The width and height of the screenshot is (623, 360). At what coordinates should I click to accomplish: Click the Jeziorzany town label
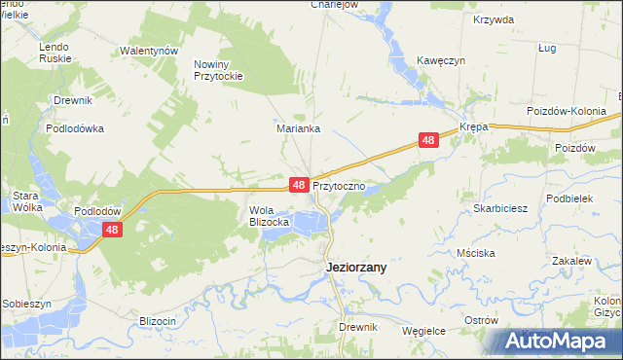[x=354, y=268]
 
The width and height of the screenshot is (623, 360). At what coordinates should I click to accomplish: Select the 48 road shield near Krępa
[x=429, y=141]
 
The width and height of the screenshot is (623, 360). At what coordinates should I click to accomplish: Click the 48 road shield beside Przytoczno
[x=299, y=184]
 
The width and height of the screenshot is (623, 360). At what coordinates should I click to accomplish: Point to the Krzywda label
[x=492, y=19]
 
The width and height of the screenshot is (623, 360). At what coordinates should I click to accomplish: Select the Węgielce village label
[x=423, y=331]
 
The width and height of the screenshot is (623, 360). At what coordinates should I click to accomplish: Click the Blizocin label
[x=157, y=321]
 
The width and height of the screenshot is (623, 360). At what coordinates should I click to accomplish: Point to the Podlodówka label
[x=74, y=127]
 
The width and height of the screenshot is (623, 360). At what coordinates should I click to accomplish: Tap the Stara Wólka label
[x=24, y=201]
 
